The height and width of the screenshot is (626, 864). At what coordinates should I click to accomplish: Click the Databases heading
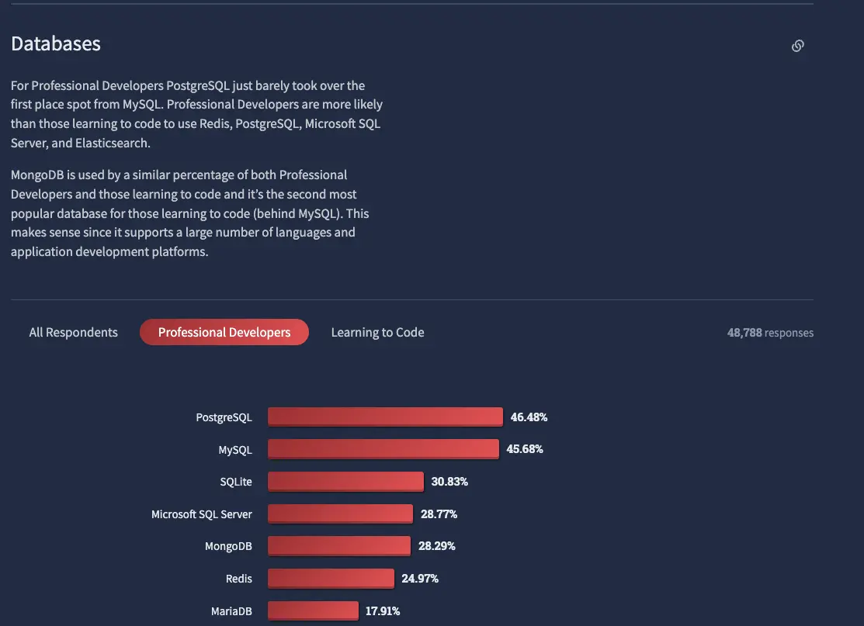pyautogui.click(x=56, y=44)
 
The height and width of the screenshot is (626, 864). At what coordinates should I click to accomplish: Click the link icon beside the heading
pyautogui.click(x=797, y=46)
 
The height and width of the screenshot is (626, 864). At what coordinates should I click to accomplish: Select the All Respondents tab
pyautogui.click(x=74, y=333)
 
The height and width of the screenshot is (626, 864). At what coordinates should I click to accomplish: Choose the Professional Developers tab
pyautogui.click(x=224, y=333)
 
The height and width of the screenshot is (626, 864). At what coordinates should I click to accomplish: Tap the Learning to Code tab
pyautogui.click(x=377, y=333)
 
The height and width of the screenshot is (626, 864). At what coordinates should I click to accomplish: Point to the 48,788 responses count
pyautogui.click(x=770, y=333)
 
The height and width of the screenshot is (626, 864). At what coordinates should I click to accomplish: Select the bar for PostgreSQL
pyautogui.click(x=385, y=417)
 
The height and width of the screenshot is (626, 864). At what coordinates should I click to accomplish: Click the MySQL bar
pyautogui.click(x=383, y=449)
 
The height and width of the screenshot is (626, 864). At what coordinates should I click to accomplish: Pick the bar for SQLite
pyautogui.click(x=345, y=482)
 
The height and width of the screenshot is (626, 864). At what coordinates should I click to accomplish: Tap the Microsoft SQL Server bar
pyautogui.click(x=340, y=514)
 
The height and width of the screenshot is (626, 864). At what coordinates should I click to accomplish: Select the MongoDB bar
pyautogui.click(x=339, y=546)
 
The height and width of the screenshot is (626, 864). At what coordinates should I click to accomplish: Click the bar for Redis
pyautogui.click(x=331, y=579)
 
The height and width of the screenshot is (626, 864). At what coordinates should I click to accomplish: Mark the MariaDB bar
pyautogui.click(x=313, y=611)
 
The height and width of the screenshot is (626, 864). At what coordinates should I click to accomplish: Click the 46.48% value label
pyautogui.click(x=529, y=417)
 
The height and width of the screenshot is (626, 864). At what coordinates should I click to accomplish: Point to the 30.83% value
pyautogui.click(x=449, y=482)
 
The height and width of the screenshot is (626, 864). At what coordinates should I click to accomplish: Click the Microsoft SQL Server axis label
pyautogui.click(x=202, y=514)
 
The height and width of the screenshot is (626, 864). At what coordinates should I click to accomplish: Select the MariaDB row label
pyautogui.click(x=231, y=611)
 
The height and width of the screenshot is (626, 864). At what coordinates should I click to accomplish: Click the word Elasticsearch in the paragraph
pyautogui.click(x=114, y=144)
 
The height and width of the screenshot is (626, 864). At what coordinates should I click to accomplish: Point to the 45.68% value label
pyautogui.click(x=525, y=449)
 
